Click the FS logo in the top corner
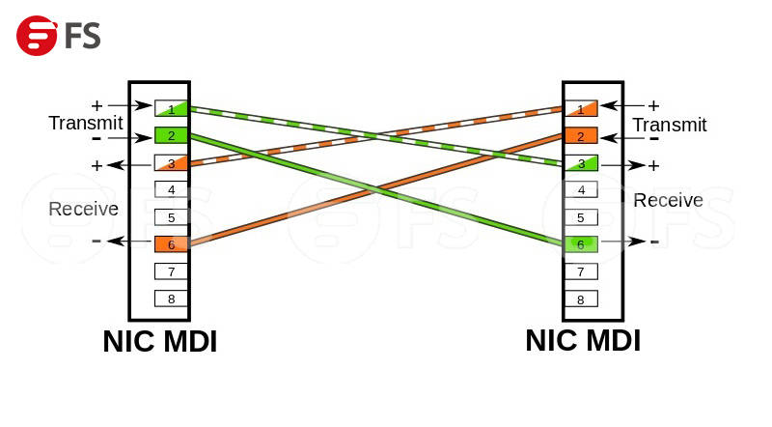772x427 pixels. [x=58, y=36]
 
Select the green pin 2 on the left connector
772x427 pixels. [x=171, y=135]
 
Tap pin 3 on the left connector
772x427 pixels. [x=171, y=162]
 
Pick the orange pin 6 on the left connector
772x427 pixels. [x=171, y=243]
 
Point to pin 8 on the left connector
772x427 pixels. [x=171, y=299]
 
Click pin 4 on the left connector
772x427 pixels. [x=171, y=189]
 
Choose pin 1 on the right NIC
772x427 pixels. [x=580, y=108]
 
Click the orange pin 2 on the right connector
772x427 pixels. [x=580, y=135]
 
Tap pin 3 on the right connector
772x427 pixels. [x=580, y=163]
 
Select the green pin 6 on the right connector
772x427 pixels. [x=580, y=244]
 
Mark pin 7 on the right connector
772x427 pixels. [x=580, y=271]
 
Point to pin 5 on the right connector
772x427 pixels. [x=580, y=217]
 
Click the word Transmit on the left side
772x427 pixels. [x=85, y=123]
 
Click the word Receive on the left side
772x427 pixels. [x=83, y=209]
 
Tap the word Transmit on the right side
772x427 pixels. [x=670, y=125]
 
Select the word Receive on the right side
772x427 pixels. [x=668, y=200]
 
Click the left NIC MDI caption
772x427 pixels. [x=160, y=341]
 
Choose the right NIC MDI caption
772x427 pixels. [x=583, y=340]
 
